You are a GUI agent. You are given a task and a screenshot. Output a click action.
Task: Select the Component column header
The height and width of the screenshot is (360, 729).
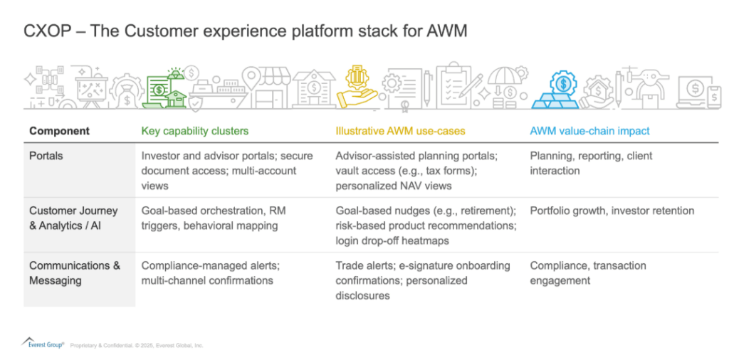click(59, 131)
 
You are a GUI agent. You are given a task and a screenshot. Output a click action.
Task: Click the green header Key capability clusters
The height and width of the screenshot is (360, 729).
click(195, 131)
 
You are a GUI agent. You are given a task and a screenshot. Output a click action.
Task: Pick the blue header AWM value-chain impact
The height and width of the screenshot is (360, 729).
click(589, 131)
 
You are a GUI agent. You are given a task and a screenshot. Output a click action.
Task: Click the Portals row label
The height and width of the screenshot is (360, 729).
click(46, 156)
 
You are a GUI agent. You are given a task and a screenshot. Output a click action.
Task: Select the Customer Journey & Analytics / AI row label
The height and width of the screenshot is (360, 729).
click(73, 218)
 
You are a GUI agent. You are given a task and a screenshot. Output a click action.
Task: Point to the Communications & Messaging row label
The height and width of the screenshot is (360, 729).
click(75, 272)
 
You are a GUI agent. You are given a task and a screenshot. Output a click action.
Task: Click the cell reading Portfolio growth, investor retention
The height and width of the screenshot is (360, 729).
click(612, 211)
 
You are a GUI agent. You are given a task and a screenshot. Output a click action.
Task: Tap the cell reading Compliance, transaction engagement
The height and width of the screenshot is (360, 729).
click(588, 272)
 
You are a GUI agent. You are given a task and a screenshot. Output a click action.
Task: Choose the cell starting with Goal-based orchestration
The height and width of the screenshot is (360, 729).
click(214, 218)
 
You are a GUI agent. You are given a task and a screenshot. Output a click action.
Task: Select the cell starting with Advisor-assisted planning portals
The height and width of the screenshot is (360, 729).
click(416, 171)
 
